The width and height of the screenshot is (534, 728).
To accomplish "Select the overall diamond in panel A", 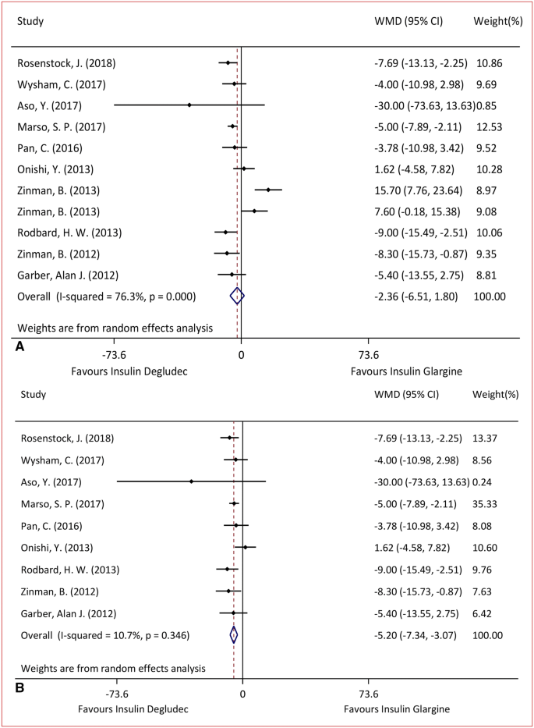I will pyautogui.click(x=238, y=296).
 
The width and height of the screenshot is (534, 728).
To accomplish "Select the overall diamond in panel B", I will pyautogui.click(x=234, y=635).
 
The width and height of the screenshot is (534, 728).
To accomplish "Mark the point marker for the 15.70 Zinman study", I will pyautogui.click(x=268, y=190).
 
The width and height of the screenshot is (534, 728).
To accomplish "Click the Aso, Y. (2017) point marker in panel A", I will pyautogui.click(x=189, y=105).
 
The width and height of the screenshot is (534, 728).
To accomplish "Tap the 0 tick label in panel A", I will pyautogui.click(x=242, y=355).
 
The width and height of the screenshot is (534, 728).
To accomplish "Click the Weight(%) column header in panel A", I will pyautogui.click(x=496, y=20).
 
